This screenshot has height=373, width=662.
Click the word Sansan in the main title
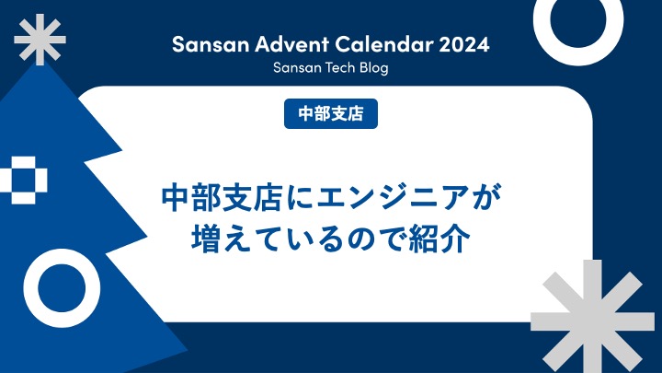coord(211,44)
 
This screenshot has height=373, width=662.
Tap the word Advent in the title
coord(291,44)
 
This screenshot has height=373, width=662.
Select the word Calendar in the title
coord(384,44)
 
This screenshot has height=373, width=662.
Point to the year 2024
coord(464,44)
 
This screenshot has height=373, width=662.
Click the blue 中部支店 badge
coord(331,113)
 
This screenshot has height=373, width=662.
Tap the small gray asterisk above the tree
coord(40,40)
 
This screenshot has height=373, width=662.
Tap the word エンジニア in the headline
coord(393,197)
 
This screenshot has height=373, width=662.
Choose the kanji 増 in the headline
coord(207,239)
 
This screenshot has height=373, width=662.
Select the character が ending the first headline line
coord(486,197)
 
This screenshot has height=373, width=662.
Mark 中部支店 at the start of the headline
coord(222,197)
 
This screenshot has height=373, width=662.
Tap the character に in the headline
coord(300,197)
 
